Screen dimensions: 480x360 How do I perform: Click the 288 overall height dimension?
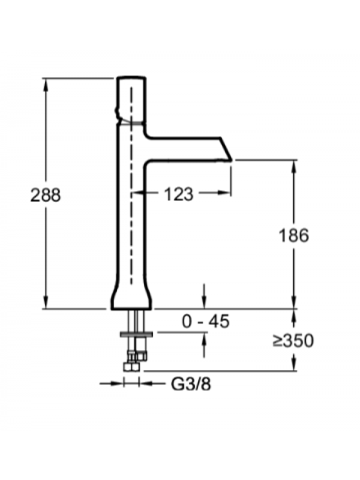[46, 195]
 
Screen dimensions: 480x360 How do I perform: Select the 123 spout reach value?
[178, 194]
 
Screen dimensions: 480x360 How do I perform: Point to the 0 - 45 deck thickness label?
[206, 322]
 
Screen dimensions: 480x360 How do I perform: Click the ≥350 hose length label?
[293, 341]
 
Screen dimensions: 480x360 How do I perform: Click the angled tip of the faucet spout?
[226, 151]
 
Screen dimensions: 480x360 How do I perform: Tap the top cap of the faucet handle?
[131, 79]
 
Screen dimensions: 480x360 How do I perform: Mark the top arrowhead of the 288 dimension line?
[46, 82]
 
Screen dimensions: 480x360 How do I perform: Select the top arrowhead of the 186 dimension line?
[293, 164]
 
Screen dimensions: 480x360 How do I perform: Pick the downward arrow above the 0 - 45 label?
[204, 304]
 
